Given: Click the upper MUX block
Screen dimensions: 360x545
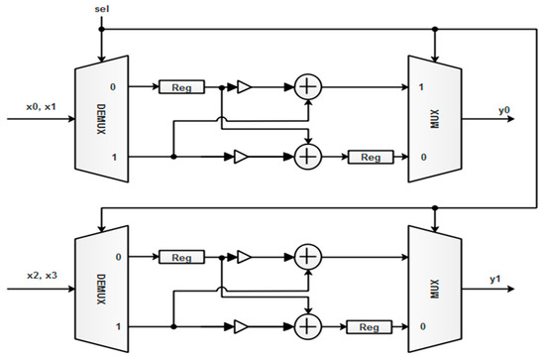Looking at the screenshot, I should click(433, 121).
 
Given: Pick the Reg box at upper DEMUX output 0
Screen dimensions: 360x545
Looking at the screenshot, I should click(181, 87).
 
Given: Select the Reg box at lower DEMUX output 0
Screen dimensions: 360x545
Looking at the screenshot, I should click(181, 256).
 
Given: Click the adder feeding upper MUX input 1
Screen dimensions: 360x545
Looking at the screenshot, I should click(309, 87).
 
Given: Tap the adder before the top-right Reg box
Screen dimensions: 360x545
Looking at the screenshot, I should click(309, 156).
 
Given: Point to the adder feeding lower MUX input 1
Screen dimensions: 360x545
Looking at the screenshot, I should click(309, 256).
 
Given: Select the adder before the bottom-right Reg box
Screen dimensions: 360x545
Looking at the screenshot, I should click(309, 324).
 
